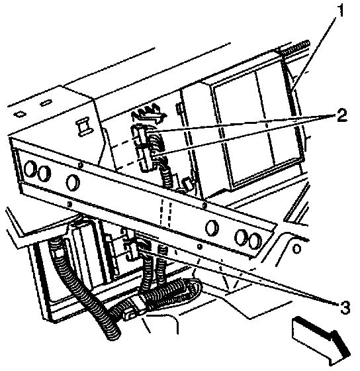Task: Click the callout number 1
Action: (340, 11)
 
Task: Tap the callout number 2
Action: (341, 115)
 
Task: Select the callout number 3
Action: (345, 307)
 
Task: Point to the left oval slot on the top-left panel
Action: (21, 114)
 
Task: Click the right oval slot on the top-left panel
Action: (46, 103)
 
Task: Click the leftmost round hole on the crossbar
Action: (30, 168)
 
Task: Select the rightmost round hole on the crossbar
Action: (253, 240)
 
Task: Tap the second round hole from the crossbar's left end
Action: (44, 173)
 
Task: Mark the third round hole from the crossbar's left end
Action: (73, 182)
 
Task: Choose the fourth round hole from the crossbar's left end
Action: (212, 228)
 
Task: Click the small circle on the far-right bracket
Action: (297, 248)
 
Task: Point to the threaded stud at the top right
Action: (294, 47)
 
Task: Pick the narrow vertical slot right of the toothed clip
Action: (179, 111)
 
